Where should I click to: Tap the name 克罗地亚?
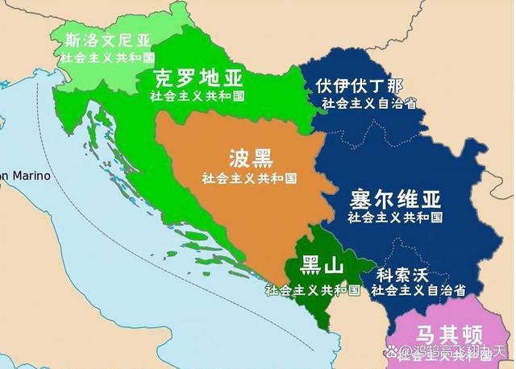click(x=198, y=78)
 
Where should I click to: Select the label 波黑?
click(x=249, y=157)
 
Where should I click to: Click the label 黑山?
click(x=322, y=266)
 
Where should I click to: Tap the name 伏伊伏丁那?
click(x=360, y=86)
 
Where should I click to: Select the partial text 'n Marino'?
click(x=24, y=176)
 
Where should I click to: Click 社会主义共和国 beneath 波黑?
click(x=250, y=177)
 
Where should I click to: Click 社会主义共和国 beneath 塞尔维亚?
click(x=395, y=218)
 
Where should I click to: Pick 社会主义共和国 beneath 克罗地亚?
click(x=198, y=95)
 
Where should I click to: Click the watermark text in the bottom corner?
click(x=456, y=352)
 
